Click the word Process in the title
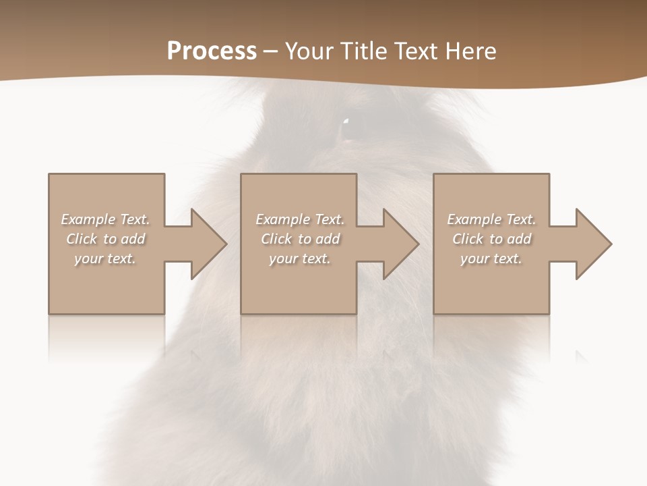pyautogui.click(x=212, y=51)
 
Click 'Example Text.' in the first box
pyautogui.click(x=105, y=219)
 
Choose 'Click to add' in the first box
pyautogui.click(x=106, y=239)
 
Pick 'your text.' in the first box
pyautogui.click(x=105, y=259)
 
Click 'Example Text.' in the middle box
pyautogui.click(x=299, y=219)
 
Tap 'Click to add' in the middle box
pyautogui.click(x=300, y=239)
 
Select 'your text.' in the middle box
pyautogui.click(x=299, y=259)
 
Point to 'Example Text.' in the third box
pyautogui.click(x=491, y=219)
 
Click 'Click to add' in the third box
pyautogui.click(x=492, y=239)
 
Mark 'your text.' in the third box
pyautogui.click(x=491, y=259)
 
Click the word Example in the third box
pyautogui.click(x=474, y=219)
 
